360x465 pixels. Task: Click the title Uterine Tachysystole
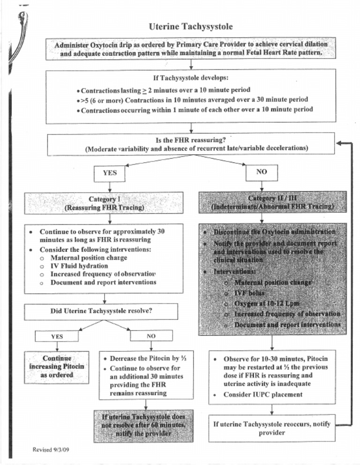[190, 26]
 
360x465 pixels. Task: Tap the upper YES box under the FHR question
[109, 173]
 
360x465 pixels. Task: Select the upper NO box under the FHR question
[262, 172]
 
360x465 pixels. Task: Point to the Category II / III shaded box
[272, 202]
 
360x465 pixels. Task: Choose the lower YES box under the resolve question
[57, 336]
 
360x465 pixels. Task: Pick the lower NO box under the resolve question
[151, 336]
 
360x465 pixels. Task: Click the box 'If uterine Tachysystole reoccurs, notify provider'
[272, 428]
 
